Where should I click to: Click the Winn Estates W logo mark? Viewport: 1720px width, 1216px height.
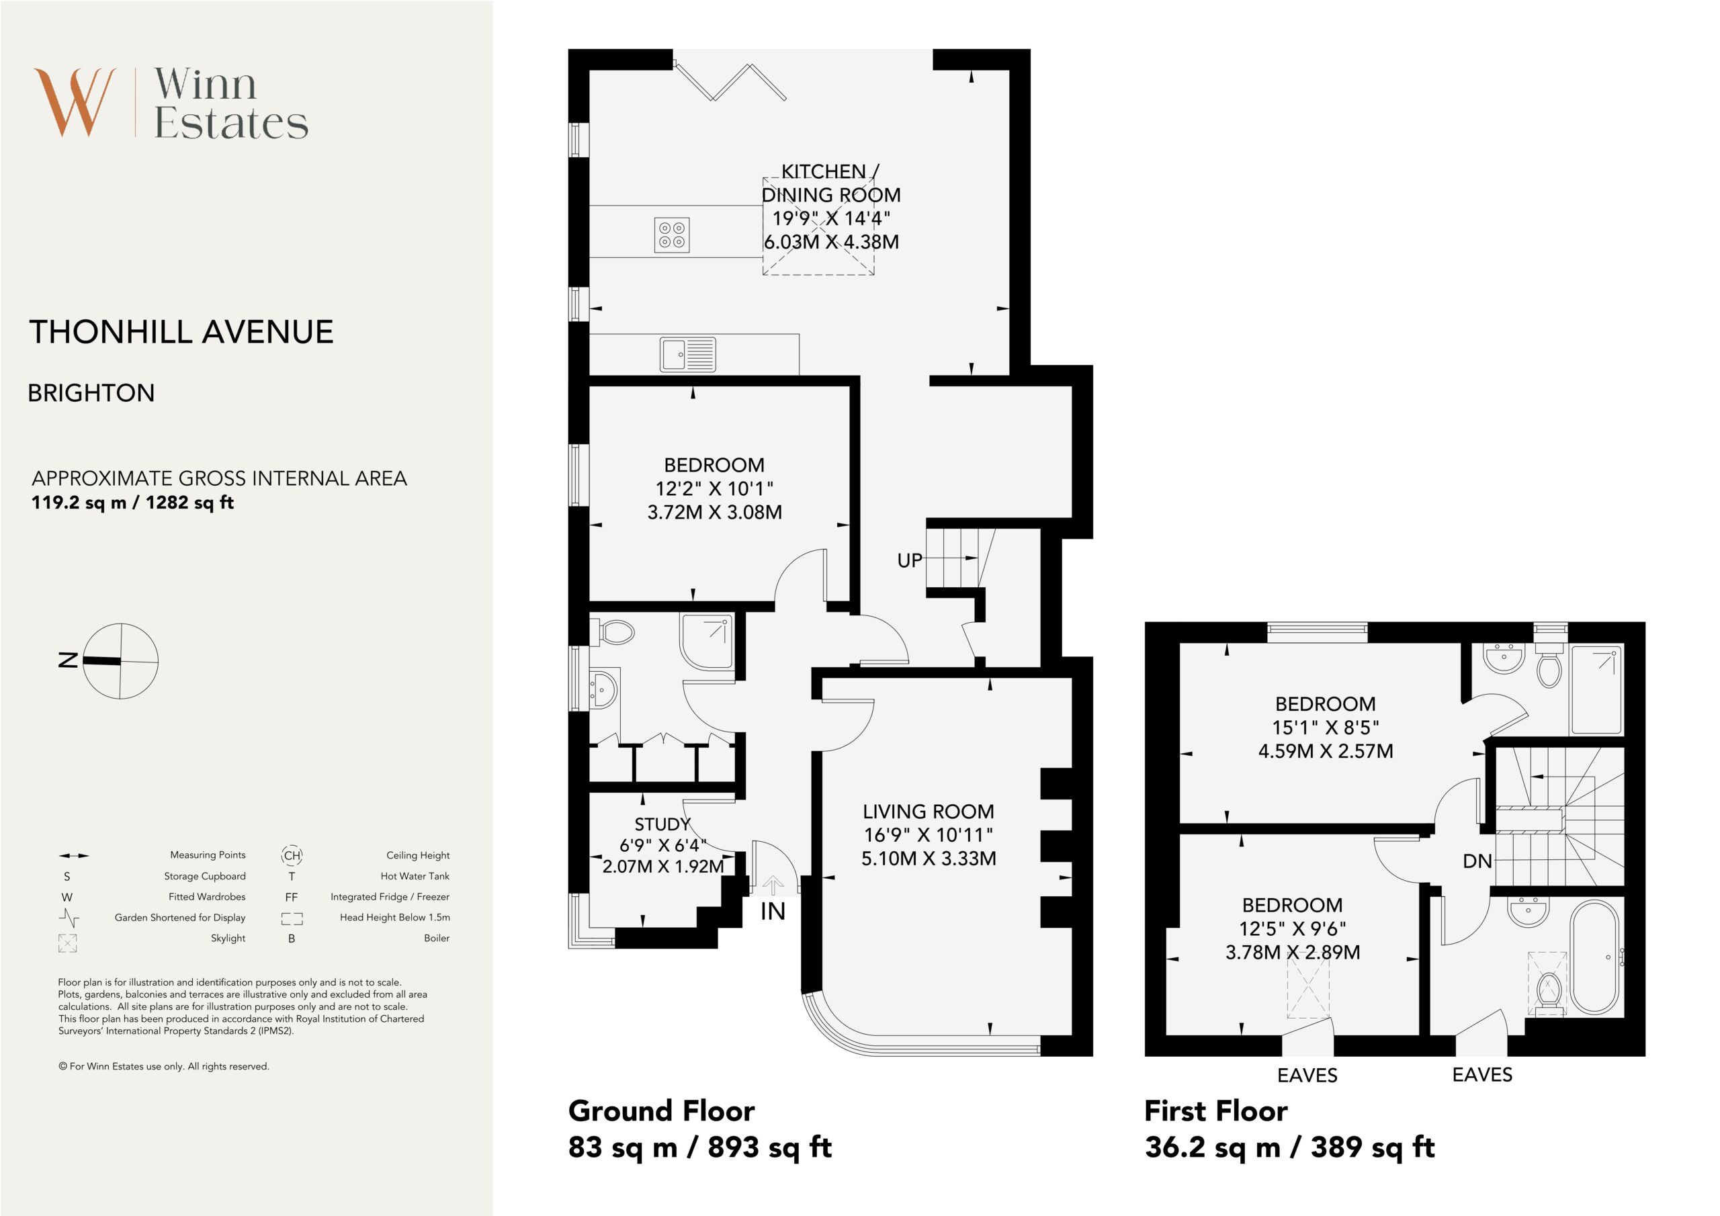pyautogui.click(x=75, y=102)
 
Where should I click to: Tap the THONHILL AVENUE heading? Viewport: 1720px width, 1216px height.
pyautogui.click(x=181, y=332)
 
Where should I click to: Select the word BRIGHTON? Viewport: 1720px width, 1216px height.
pyautogui.click(x=91, y=393)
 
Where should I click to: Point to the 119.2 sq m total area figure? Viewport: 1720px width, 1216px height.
pyautogui.click(x=79, y=503)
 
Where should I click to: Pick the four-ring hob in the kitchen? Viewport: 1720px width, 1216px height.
pyautogui.click(x=671, y=234)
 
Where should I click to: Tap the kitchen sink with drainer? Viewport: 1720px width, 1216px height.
pyautogui.click(x=688, y=354)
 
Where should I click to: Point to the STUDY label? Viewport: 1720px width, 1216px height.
pyautogui.click(x=662, y=824)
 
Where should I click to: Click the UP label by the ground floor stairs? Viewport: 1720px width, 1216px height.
pyautogui.click(x=910, y=560)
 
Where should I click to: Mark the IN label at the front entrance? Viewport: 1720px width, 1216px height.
pyautogui.click(x=773, y=912)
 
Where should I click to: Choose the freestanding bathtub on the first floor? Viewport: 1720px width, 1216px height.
pyautogui.click(x=1596, y=958)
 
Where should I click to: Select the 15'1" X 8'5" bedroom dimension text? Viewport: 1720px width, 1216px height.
pyautogui.click(x=1325, y=728)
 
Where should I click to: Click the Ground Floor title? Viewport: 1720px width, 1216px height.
pyautogui.click(x=662, y=1111)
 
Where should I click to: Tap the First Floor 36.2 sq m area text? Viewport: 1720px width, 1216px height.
pyautogui.click(x=1289, y=1147)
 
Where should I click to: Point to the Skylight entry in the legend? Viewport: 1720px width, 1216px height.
pyautogui.click(x=228, y=938)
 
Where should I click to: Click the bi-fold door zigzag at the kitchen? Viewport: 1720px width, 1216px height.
pyautogui.click(x=730, y=82)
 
